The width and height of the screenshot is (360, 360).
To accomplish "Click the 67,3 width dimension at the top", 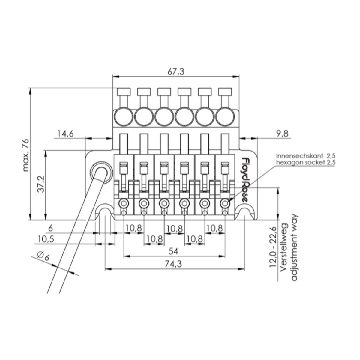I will [175, 72].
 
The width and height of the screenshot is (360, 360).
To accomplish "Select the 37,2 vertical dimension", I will [41, 184].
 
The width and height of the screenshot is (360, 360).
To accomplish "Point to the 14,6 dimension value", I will [66, 133].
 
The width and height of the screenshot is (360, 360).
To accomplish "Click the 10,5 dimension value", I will [46, 239].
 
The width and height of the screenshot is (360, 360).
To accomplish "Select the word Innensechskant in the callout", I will [299, 156].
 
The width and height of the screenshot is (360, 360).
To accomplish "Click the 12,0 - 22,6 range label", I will [273, 247].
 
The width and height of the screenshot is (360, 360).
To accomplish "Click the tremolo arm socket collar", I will [101, 172].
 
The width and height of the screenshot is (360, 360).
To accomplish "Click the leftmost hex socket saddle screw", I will [123, 204].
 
